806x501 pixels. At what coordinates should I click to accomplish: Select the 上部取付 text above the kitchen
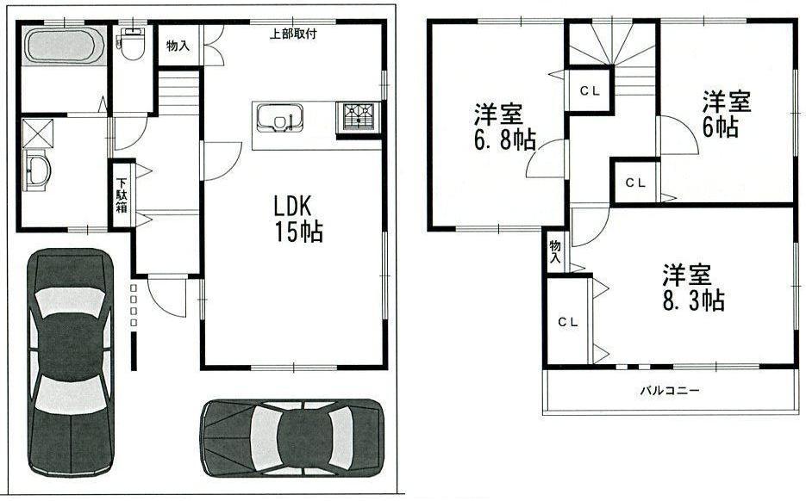pos(293,34)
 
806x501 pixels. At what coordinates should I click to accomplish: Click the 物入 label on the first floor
pos(178,46)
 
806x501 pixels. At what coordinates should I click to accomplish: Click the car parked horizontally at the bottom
pos(291,436)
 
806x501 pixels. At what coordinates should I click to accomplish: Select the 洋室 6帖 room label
pos(726,114)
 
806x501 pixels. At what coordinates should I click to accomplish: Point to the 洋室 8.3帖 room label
pos(693,288)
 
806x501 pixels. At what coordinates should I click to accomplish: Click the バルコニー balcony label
pos(670,390)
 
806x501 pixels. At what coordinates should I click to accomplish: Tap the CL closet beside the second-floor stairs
pos(590,90)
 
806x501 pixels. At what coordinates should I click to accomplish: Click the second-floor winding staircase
pos(613,47)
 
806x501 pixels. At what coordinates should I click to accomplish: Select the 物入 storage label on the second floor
pos(555,251)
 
